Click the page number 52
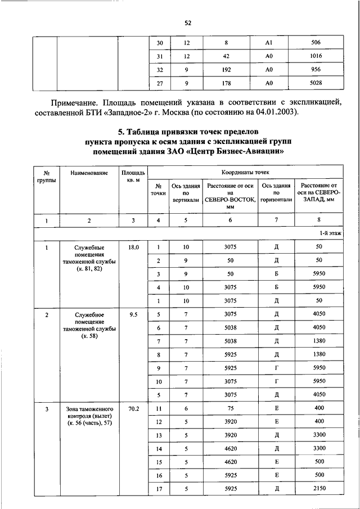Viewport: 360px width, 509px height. pyautogui.click(x=188, y=22)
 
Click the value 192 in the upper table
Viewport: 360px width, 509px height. pyautogui.click(x=225, y=70)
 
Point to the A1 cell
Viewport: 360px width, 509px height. pyautogui.click(x=269, y=42)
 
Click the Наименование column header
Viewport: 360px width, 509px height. pyautogui.click(x=89, y=172)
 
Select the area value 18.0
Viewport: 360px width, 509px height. pyautogui.click(x=133, y=247)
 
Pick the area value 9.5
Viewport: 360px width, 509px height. pyautogui.click(x=133, y=315)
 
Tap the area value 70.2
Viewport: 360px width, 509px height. pyautogui.click(x=133, y=408)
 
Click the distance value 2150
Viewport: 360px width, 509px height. pyautogui.click(x=318, y=489)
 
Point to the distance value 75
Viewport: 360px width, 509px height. pyautogui.click(x=230, y=408)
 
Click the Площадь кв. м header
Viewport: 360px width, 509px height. pyautogui.click(x=133, y=175)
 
